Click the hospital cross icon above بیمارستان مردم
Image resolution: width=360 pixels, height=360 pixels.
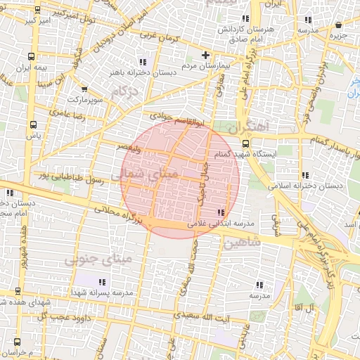point(205,54)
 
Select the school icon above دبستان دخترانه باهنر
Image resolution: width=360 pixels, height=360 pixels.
point(143,61)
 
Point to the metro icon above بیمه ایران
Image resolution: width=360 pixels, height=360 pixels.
point(31,56)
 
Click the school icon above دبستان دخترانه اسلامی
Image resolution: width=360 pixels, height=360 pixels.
point(304,175)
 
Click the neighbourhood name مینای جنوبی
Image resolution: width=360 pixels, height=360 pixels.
point(98,259)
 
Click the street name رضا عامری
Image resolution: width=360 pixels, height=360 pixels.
point(66,112)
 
